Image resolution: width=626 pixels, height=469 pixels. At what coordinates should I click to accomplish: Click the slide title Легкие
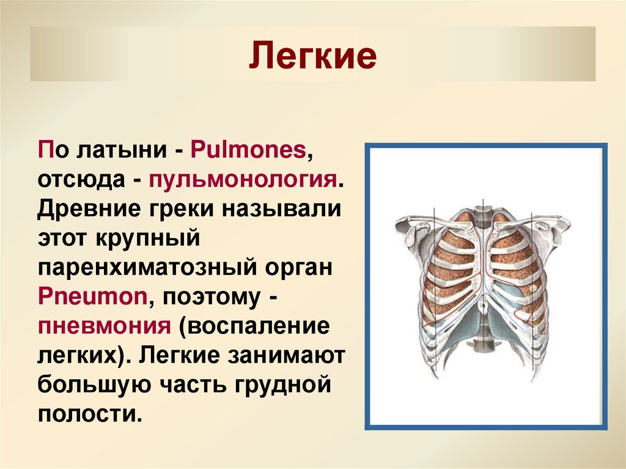[x=312, y=55]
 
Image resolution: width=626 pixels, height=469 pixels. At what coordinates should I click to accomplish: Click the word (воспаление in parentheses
[x=254, y=326]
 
